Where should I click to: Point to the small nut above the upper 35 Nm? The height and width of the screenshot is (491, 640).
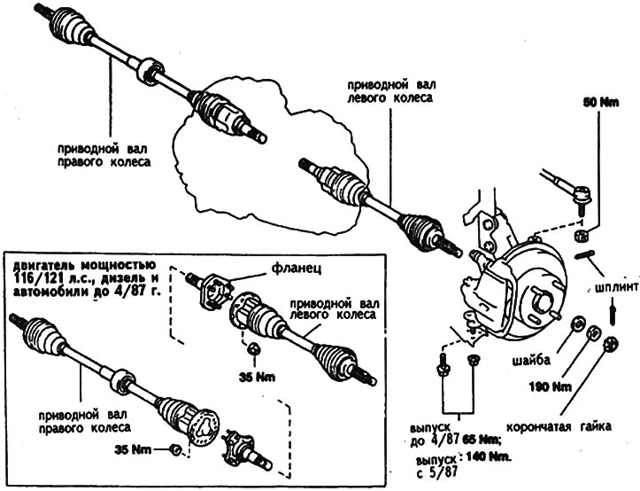point(253,347)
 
